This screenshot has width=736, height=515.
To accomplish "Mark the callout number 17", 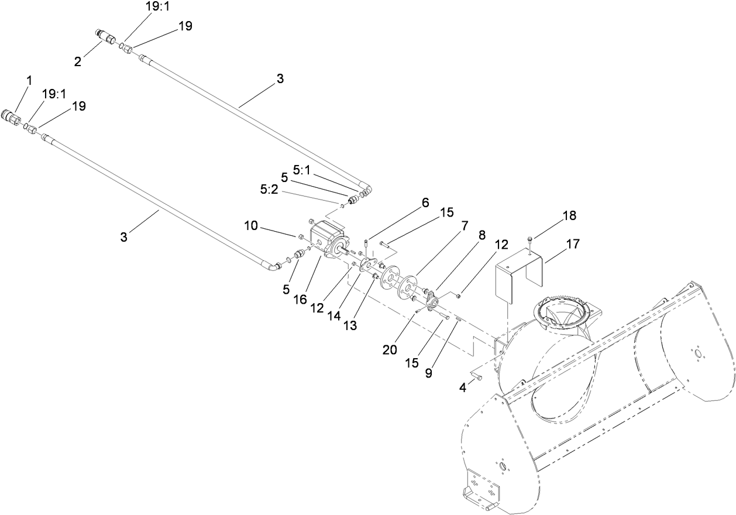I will click(573, 243).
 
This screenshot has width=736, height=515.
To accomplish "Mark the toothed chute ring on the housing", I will click(562, 310).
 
